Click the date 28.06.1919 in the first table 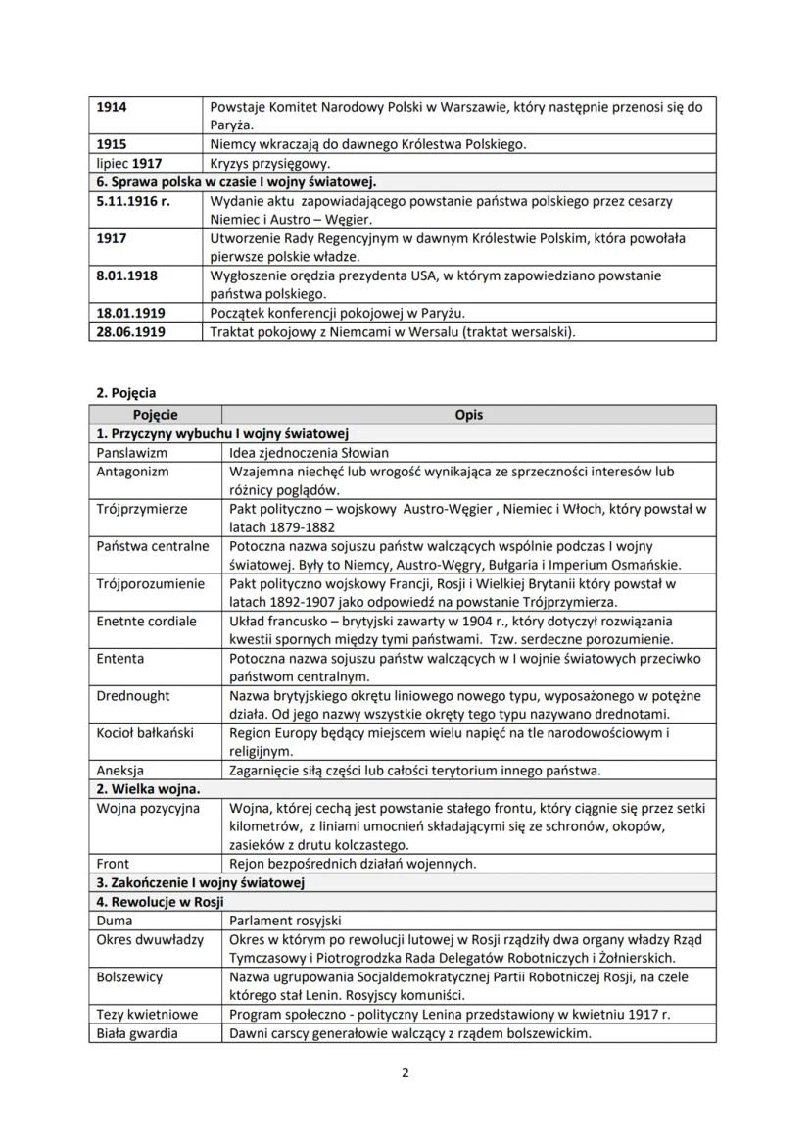[x=130, y=331]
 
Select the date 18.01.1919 [x=130, y=313]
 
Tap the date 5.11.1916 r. [x=133, y=200]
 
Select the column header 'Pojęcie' [x=156, y=415]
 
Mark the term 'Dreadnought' [x=133, y=695]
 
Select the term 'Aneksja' [x=120, y=770]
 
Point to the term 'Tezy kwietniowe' [x=147, y=1014]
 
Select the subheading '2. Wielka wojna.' [x=148, y=788]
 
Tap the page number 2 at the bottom [x=405, y=1072]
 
